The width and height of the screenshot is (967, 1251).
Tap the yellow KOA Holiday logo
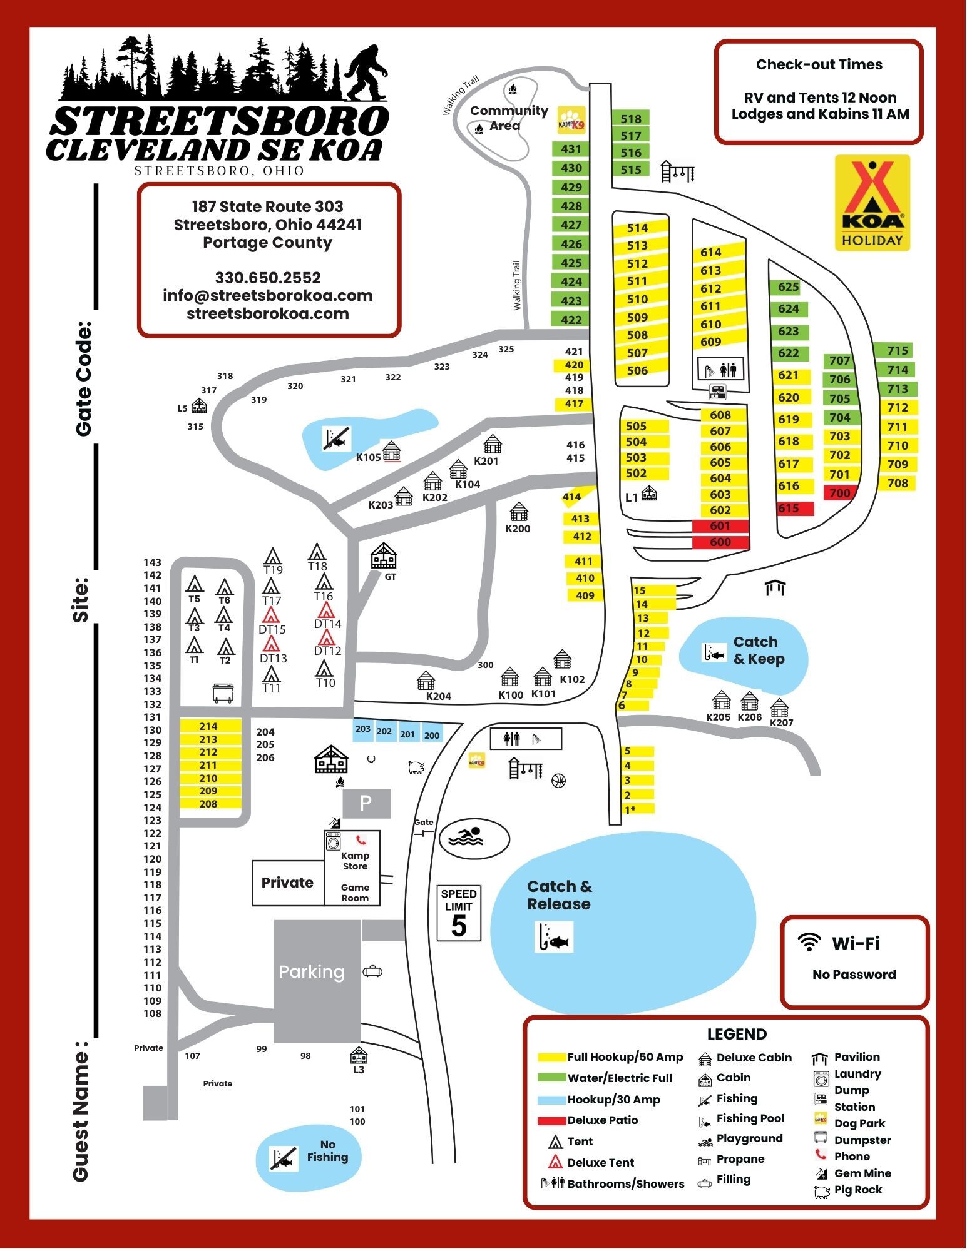[872, 203]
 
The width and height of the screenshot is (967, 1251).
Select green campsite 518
[631, 119]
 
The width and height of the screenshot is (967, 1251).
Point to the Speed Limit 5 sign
[459, 914]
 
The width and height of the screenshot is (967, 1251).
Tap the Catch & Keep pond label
[758, 651]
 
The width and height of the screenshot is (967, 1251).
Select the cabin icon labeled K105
[392, 451]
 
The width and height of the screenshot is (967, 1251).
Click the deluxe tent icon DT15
[271, 615]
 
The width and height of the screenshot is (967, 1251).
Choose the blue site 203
[363, 729]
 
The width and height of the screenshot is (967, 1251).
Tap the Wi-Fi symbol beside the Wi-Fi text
[810, 942]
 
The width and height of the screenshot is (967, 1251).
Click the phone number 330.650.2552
[268, 278]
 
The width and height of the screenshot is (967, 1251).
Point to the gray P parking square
[366, 803]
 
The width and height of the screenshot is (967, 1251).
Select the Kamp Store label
[355, 861]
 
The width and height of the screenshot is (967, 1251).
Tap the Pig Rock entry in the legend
[857, 1190]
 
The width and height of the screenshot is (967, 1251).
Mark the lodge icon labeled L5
[199, 407]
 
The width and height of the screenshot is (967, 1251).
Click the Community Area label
[508, 118]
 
